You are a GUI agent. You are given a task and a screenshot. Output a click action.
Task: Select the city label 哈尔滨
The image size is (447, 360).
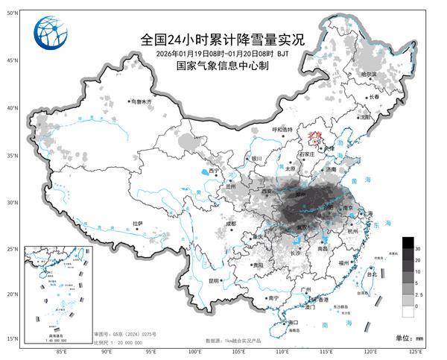(x=369, y=75)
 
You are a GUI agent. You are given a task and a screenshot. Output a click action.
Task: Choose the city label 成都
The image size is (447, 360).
(x=231, y=223)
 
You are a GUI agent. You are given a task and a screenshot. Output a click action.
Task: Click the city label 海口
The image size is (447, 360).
(x=293, y=322)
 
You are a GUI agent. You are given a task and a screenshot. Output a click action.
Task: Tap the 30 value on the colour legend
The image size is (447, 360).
(x=418, y=247)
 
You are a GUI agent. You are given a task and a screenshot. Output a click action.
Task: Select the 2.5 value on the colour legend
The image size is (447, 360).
(x=419, y=294)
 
